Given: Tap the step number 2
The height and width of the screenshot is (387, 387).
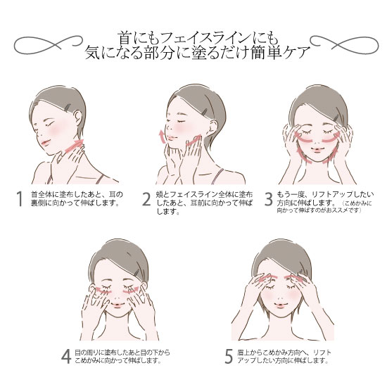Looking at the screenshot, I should point(146,200).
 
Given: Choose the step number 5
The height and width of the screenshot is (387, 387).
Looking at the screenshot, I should point(229,356).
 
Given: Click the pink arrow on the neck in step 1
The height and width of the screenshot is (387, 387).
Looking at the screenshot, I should point(73,145).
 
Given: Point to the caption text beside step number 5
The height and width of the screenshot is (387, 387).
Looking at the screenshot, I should point(284,356).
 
